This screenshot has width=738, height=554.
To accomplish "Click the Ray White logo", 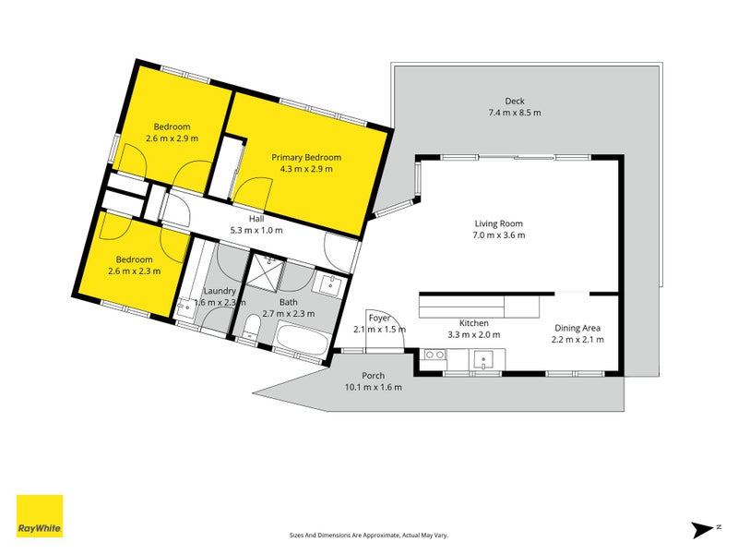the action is tap(40, 515).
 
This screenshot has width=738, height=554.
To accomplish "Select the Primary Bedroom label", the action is tap(306, 157).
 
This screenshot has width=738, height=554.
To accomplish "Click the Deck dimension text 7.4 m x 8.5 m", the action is tap(515, 113).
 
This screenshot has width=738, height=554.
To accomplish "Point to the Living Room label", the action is tap(498, 223).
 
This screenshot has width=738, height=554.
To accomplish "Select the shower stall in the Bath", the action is tap(266, 271).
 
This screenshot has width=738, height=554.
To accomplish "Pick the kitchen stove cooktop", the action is tap(434, 355).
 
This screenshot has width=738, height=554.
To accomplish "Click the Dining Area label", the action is tap(577, 329).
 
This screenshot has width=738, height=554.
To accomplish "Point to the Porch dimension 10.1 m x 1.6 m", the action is tap(374, 387).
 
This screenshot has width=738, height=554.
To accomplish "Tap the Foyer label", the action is tap(379, 318).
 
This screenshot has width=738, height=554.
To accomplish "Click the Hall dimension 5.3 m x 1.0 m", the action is tap(256, 230).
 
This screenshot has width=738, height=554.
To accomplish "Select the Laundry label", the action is tap(220, 291).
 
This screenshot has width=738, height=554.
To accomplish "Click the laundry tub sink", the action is tap(185, 307).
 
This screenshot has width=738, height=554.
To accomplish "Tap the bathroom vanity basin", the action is tap(331, 284).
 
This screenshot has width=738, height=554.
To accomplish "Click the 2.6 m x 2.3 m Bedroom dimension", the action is tap(134, 271).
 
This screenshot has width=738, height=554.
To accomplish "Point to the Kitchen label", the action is tap(474, 323).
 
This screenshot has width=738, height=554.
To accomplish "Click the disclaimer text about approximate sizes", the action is tap(368, 536).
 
